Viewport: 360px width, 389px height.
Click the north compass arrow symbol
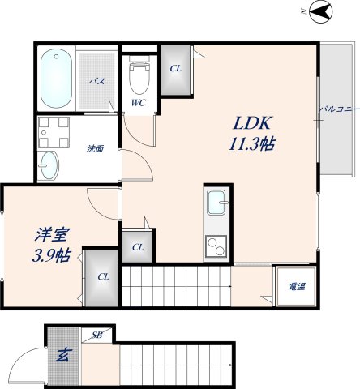(x=319, y=11)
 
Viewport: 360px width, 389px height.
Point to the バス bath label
(x=96, y=82)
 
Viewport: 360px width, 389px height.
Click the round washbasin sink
(x=49, y=164)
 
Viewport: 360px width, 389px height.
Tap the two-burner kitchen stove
(x=216, y=242)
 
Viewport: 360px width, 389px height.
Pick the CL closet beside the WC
(x=175, y=68)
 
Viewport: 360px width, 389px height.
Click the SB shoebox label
(x=96, y=334)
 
